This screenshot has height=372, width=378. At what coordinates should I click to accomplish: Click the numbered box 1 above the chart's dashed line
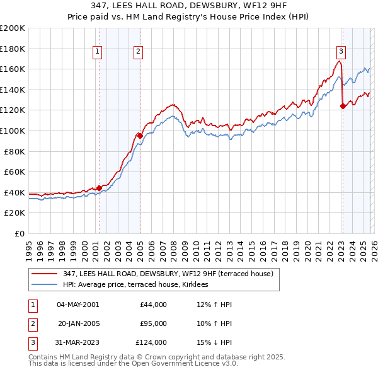click(98, 53)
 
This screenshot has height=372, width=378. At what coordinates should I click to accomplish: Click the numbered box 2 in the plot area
click(138, 53)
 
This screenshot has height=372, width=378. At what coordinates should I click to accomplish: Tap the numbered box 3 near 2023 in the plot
click(341, 53)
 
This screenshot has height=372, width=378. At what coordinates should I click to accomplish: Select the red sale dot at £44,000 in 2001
click(99, 188)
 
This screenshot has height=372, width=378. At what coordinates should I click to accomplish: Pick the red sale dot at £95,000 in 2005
click(140, 135)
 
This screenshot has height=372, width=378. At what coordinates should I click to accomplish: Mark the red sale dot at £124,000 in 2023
click(343, 106)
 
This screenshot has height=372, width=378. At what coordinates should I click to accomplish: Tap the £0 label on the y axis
click(19, 233)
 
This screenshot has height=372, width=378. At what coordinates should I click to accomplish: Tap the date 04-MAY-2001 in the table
click(77, 305)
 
